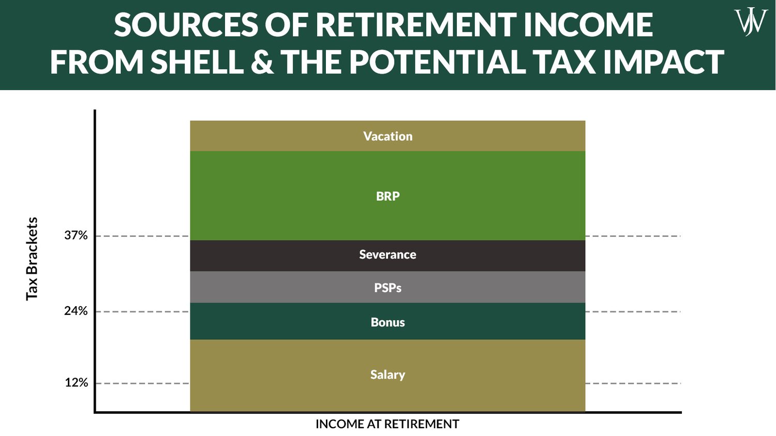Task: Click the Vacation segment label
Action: coord(387,137)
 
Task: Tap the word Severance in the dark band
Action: coord(387,254)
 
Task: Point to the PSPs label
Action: coord(387,288)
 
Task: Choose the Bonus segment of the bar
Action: coord(387,322)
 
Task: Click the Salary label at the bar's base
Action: coord(387,374)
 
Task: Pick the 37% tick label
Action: coord(76,236)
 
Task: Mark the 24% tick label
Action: coord(76,311)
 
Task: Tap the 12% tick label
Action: coord(76,383)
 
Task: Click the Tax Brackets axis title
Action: coord(32,259)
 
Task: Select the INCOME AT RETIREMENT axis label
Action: coord(387,424)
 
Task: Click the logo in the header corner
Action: coord(751,22)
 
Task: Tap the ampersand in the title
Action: coord(263,62)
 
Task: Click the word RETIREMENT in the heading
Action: coord(416,25)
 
